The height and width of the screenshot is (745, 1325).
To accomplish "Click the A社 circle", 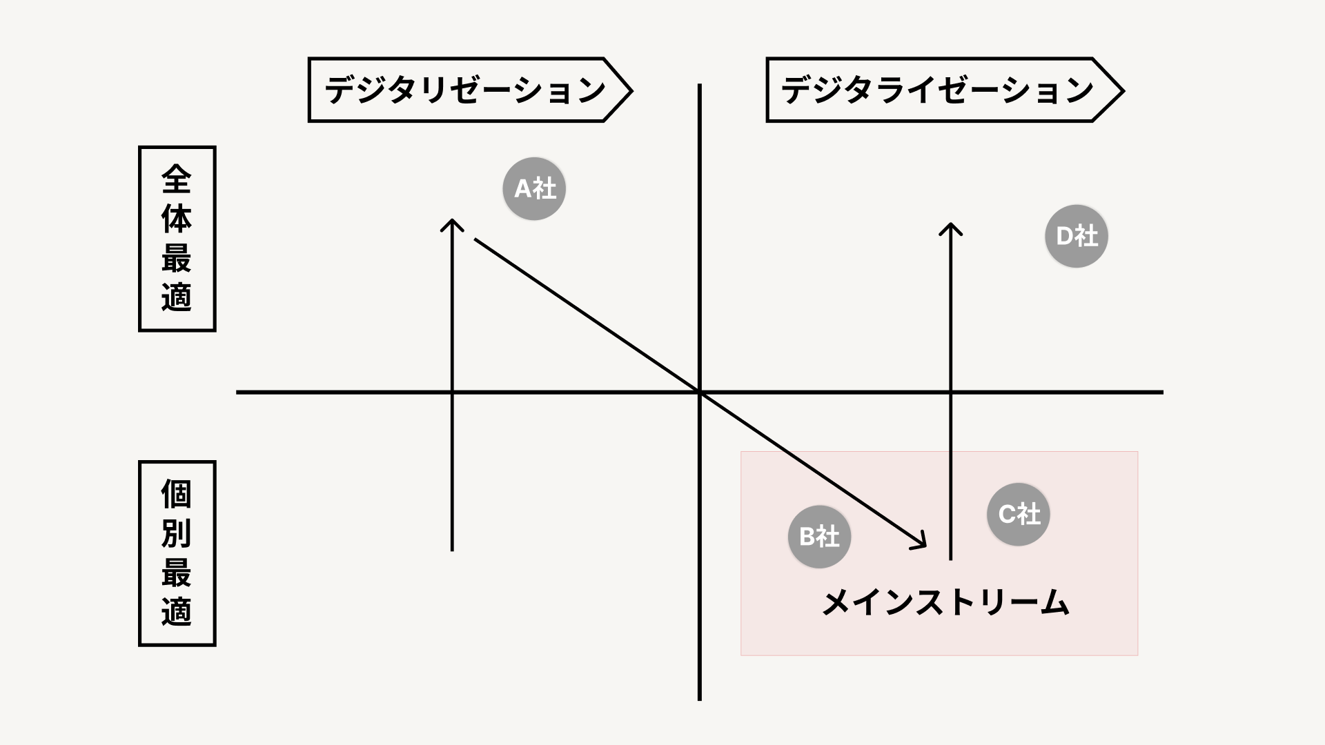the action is pyautogui.click(x=534, y=188).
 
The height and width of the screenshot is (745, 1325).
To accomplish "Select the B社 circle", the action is pyautogui.click(x=819, y=537).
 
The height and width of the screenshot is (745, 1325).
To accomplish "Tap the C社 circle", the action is pyautogui.click(x=1019, y=514).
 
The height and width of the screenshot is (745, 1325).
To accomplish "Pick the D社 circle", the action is pyautogui.click(x=1077, y=236).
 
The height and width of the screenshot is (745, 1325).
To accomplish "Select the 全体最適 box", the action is pyautogui.click(x=177, y=239).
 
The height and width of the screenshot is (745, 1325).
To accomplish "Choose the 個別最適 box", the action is pyautogui.click(x=177, y=553).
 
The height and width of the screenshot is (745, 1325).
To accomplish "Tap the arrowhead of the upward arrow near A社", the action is pyautogui.click(x=452, y=222).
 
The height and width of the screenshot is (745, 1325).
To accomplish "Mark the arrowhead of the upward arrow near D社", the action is pyautogui.click(x=951, y=226).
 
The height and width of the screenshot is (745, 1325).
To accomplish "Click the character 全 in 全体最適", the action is pyautogui.click(x=177, y=180).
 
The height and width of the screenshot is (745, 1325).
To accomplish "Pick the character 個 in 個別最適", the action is pyautogui.click(x=177, y=495).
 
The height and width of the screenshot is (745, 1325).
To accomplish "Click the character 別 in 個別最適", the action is pyautogui.click(x=177, y=533).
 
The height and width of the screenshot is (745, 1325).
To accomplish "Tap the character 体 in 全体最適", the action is pyautogui.click(x=177, y=219).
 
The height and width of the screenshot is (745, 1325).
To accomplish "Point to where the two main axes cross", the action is pyautogui.click(x=700, y=393).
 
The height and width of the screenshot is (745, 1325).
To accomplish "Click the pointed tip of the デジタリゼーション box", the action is pyautogui.click(x=630, y=90).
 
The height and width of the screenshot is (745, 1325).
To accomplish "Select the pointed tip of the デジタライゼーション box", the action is pyautogui.click(x=1122, y=90).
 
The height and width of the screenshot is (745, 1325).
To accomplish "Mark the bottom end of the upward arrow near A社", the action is pyautogui.click(x=452, y=549).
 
